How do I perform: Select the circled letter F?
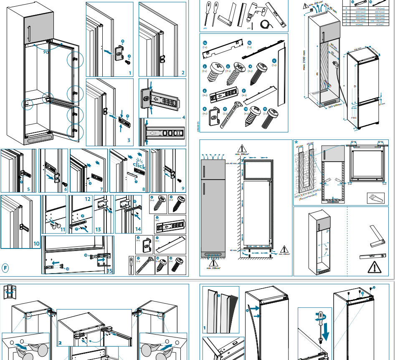coord(5,267)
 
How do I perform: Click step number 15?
coord(109,271)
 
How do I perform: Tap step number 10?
coord(36,243)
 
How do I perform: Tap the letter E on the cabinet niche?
coord(317,74)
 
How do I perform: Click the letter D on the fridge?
coord(354,86)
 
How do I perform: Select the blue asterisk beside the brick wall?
coord(296,143)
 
